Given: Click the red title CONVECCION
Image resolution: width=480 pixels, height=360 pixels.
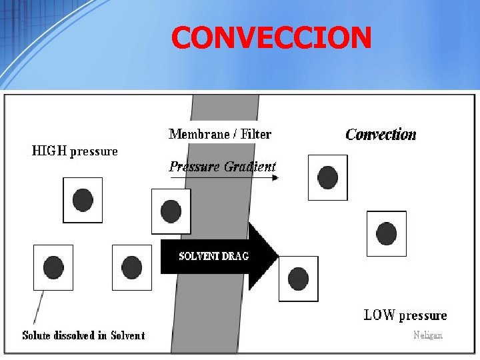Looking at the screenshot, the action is (x=271, y=38).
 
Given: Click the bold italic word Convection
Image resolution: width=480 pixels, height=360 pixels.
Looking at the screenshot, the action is (x=381, y=135).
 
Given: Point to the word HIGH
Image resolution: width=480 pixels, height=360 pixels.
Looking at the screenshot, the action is (x=49, y=151).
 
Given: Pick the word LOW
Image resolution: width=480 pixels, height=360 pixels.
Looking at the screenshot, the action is (x=379, y=315).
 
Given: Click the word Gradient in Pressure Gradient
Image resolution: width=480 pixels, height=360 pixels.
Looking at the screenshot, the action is (x=250, y=167).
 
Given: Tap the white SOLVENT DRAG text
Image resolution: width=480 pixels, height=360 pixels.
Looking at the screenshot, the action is (x=214, y=256).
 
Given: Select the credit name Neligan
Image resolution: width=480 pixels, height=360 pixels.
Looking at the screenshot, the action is (x=427, y=335).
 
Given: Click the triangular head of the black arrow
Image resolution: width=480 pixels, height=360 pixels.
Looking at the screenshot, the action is (x=263, y=256).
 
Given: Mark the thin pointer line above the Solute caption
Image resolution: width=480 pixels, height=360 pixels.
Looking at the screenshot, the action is (x=39, y=307).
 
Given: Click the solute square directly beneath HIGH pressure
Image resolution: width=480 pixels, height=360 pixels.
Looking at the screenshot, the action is (x=83, y=200).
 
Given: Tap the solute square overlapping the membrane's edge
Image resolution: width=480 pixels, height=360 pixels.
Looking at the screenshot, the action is (x=171, y=211).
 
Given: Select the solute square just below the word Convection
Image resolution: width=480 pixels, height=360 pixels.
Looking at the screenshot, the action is (x=327, y=177).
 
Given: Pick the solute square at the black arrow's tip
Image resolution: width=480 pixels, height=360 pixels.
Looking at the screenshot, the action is (x=298, y=279).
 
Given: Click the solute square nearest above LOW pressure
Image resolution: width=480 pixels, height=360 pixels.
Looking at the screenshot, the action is (x=386, y=233).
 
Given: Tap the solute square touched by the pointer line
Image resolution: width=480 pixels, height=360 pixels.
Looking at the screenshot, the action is (x=53, y=267).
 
